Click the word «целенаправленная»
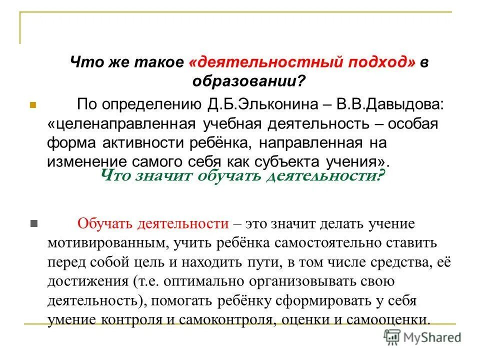coord(123,124)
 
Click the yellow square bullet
coord(33,106)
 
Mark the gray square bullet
coord(33,223)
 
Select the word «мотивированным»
coord(103,243)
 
